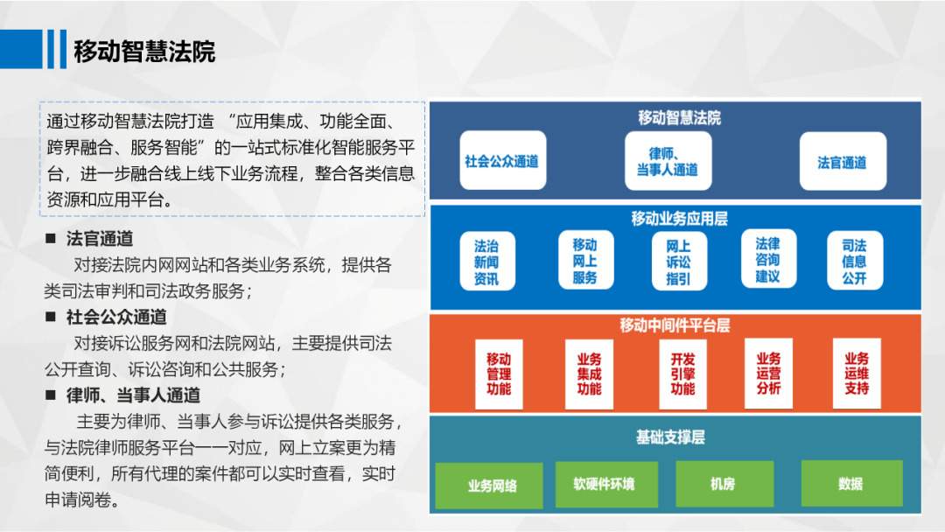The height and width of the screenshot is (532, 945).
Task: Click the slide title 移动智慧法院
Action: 144,51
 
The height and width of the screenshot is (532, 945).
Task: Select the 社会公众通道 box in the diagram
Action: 501,161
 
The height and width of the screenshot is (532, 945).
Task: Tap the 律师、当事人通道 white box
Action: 668,161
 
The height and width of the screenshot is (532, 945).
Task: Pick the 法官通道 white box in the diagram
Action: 842,161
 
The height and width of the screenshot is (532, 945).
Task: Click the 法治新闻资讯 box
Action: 486,261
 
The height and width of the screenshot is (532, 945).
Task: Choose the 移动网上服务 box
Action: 584,261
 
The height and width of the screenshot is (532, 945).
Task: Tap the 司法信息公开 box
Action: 854,261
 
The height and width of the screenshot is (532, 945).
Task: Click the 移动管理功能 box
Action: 499,374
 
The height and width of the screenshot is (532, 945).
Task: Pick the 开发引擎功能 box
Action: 682,374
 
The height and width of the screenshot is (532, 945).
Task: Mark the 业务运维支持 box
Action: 857,374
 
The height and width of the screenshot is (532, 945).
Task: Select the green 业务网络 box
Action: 492,485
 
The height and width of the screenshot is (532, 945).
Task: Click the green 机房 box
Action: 723,483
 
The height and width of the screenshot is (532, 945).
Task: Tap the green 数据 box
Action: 850,483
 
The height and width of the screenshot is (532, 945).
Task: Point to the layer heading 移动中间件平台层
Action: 675,325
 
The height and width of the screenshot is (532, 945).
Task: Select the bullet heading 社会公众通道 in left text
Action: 116,316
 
